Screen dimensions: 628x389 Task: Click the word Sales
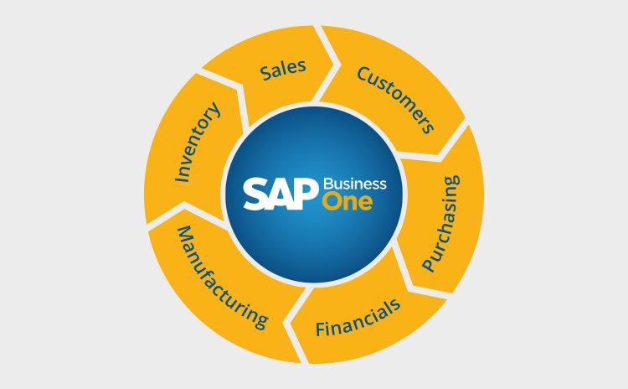[283, 70]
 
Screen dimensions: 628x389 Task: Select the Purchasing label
[441, 223]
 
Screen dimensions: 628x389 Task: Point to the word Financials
[358, 318]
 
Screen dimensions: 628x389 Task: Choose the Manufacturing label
[222, 277]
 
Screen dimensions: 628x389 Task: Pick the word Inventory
[198, 142]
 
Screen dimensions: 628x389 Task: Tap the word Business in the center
[355, 184]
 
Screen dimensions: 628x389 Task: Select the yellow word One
[347, 202]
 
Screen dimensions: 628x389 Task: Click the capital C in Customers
[363, 74]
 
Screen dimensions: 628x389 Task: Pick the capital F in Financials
[321, 329]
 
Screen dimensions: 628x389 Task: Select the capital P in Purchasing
[429, 266]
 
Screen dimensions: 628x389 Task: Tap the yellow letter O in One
[332, 202]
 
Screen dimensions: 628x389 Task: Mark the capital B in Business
[328, 184]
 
